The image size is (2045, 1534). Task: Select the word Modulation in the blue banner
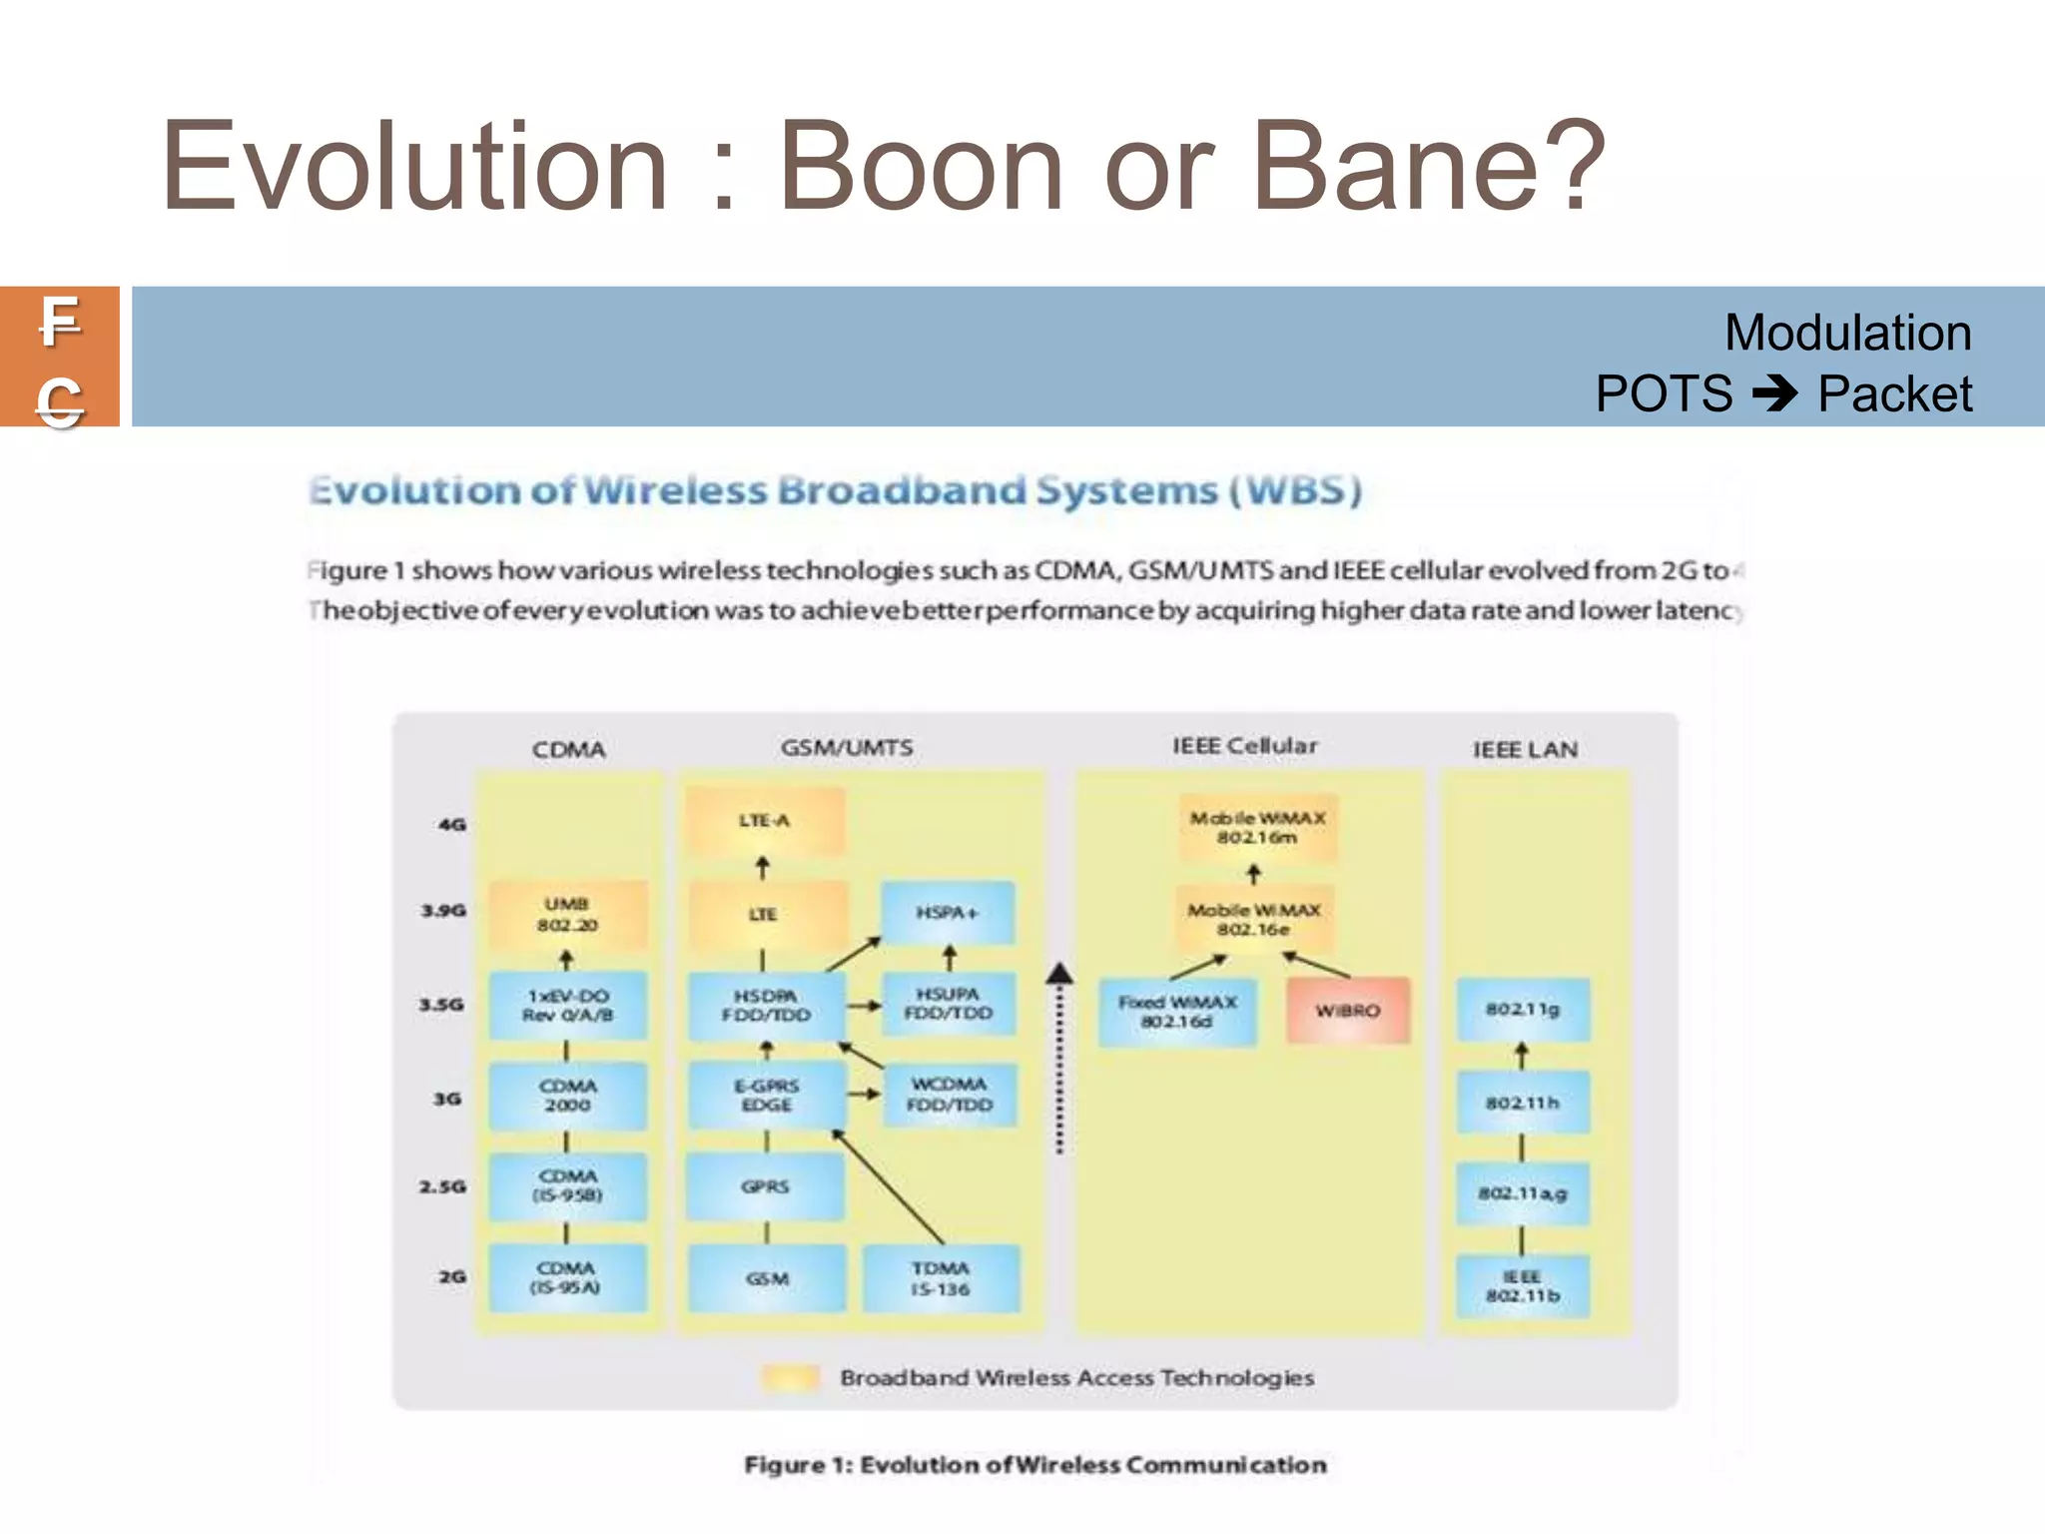pyautogui.click(x=1847, y=333)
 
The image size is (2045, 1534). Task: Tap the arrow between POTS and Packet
pyautogui.click(x=1775, y=393)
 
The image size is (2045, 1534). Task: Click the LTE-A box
pyautogui.click(x=765, y=821)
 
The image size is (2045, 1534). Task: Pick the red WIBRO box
pyautogui.click(x=1348, y=1011)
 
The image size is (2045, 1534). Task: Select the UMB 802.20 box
pyautogui.click(x=567, y=915)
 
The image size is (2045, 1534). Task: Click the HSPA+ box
pyautogui.click(x=948, y=913)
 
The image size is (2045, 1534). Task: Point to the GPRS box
pyautogui.click(x=765, y=1186)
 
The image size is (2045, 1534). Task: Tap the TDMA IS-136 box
pyautogui.click(x=941, y=1278)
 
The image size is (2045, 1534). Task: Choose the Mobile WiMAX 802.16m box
pyautogui.click(x=1257, y=828)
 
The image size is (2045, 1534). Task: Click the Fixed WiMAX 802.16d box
pyautogui.click(x=1177, y=1012)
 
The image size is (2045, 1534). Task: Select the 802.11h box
pyautogui.click(x=1522, y=1103)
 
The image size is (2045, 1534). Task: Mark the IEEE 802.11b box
pyautogui.click(x=1522, y=1286)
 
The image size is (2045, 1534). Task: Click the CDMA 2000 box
pyautogui.click(x=567, y=1096)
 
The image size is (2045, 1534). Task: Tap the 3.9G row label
pyautogui.click(x=443, y=911)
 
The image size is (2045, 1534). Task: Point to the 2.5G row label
pyautogui.click(x=442, y=1186)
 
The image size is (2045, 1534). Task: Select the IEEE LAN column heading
pyautogui.click(x=1525, y=750)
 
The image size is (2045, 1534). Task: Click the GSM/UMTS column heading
pyautogui.click(x=847, y=748)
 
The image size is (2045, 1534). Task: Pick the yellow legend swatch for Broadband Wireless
pyautogui.click(x=790, y=1378)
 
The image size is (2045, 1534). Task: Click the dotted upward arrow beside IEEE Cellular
pyautogui.click(x=1059, y=1059)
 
